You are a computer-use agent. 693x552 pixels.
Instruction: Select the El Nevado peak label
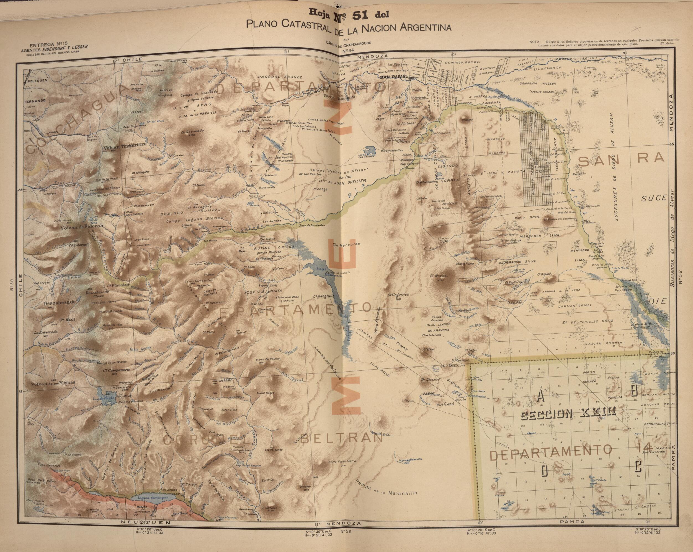pos(438,275)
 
